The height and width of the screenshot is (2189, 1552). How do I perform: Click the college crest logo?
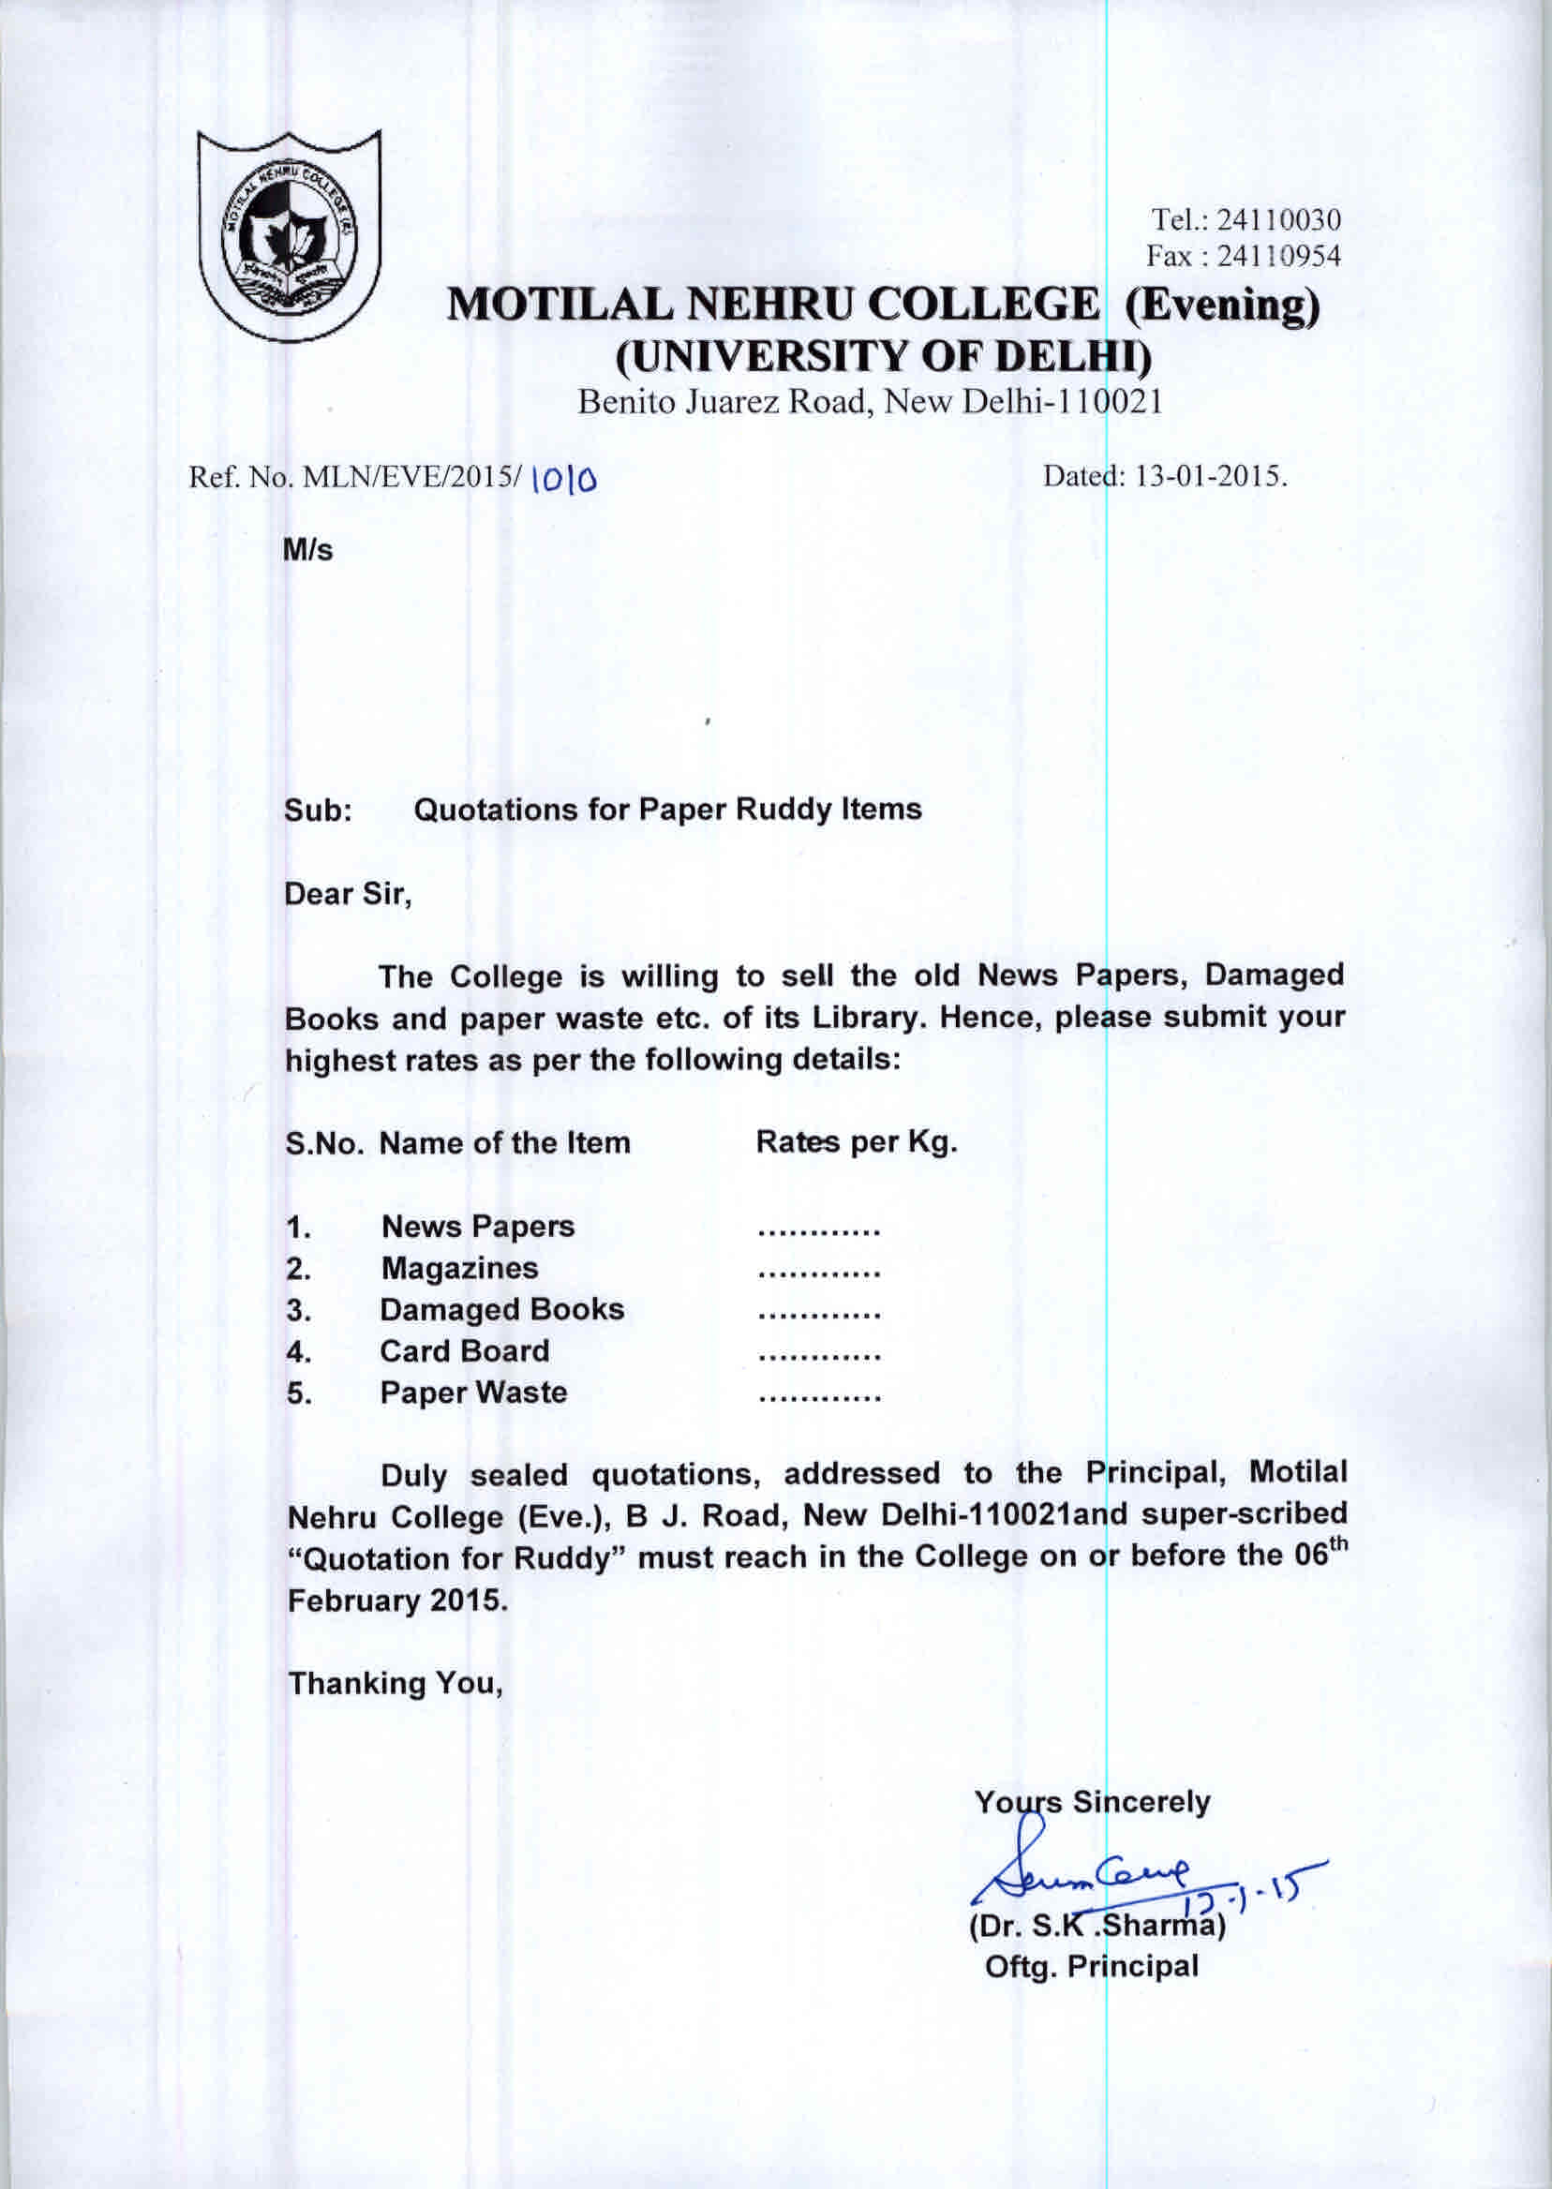289,234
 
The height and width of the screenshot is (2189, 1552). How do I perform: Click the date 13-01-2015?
1210,476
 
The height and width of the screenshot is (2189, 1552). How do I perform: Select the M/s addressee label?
307,550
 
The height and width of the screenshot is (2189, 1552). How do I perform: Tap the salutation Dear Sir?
348,894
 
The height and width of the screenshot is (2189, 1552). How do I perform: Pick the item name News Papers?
478,1226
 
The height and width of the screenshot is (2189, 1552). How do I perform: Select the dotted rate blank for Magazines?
818,1273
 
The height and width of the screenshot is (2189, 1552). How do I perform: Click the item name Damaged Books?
501,1309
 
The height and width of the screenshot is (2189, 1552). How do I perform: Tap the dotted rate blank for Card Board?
818,1356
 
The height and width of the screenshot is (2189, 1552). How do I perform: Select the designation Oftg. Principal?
1090,1966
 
